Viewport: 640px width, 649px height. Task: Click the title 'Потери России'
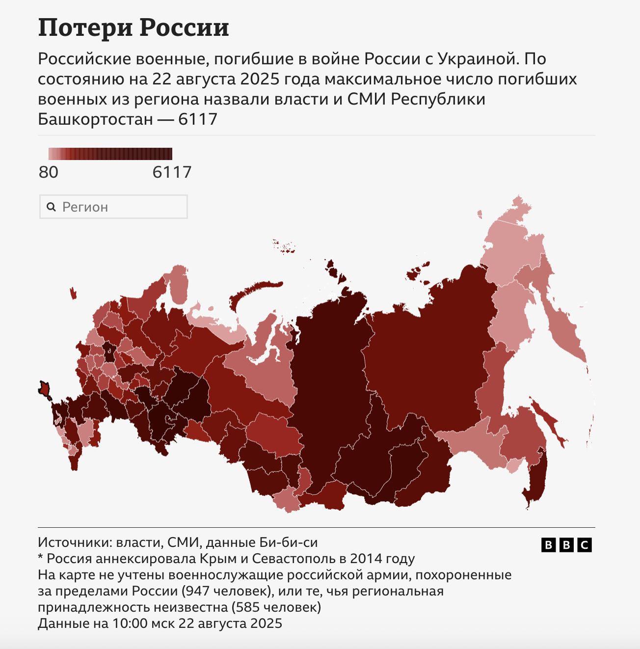click(133, 27)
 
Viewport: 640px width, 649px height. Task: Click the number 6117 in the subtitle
click(197, 119)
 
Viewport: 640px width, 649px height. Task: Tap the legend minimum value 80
click(49, 172)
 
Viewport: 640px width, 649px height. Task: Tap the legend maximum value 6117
click(172, 172)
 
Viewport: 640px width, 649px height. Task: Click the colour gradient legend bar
click(110, 154)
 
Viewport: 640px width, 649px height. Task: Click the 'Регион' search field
click(113, 207)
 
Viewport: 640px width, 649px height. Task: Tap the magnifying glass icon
click(51, 207)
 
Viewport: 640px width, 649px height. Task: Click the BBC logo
click(566, 544)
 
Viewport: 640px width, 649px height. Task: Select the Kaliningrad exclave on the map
click(74, 293)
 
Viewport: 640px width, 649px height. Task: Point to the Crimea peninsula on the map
click(45, 389)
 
